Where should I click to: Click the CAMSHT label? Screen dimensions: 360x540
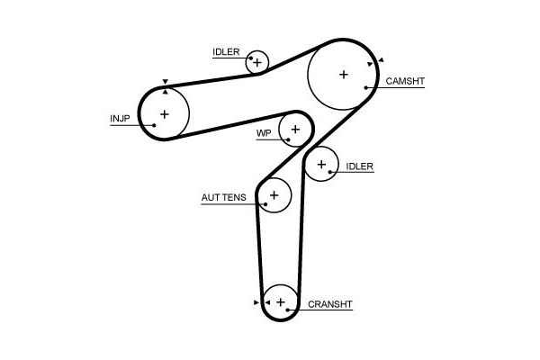click(x=405, y=81)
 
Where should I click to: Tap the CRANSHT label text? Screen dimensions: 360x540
click(x=329, y=304)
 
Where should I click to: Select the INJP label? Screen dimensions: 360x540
click(x=120, y=118)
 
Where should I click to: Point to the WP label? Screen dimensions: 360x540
click(x=264, y=133)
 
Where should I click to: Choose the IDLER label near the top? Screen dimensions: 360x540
click(x=226, y=51)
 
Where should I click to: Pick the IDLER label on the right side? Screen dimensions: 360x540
click(x=359, y=166)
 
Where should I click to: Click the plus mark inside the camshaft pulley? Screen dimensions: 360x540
click(x=343, y=75)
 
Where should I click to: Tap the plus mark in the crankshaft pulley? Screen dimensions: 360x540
click(x=281, y=301)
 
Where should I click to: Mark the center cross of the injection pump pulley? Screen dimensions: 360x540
click(x=164, y=113)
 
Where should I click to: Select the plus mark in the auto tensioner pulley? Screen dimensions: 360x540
click(x=274, y=194)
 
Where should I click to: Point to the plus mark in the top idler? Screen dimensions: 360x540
click(x=257, y=62)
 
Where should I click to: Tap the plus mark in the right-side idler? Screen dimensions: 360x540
click(x=321, y=165)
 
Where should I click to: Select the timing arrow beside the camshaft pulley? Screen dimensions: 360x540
click(x=381, y=60)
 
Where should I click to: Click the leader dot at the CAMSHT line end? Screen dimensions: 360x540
click(x=366, y=87)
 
